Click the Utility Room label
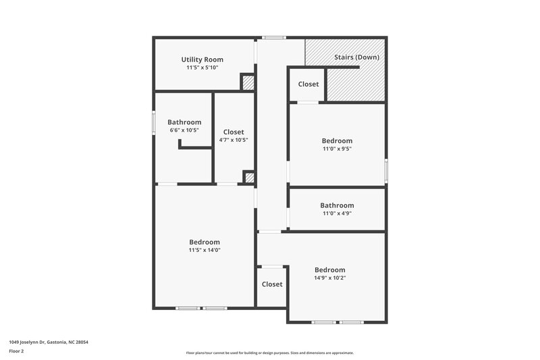click(x=202, y=59)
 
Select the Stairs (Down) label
click(x=356, y=57)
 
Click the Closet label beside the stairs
click(x=308, y=84)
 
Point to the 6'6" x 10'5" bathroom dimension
click(x=184, y=130)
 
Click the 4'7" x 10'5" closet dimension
click(x=234, y=140)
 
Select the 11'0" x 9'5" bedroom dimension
click(x=337, y=149)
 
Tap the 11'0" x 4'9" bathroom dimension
click(x=337, y=213)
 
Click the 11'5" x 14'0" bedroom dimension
click(x=205, y=250)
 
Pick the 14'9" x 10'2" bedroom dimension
click(x=330, y=278)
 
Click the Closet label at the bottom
click(x=272, y=284)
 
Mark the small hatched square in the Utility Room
click(x=248, y=82)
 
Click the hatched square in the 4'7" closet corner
click(x=248, y=178)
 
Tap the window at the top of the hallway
click(x=273, y=37)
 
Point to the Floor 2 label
click(x=16, y=352)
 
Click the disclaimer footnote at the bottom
click(x=269, y=353)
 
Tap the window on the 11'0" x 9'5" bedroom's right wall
click(x=385, y=170)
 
